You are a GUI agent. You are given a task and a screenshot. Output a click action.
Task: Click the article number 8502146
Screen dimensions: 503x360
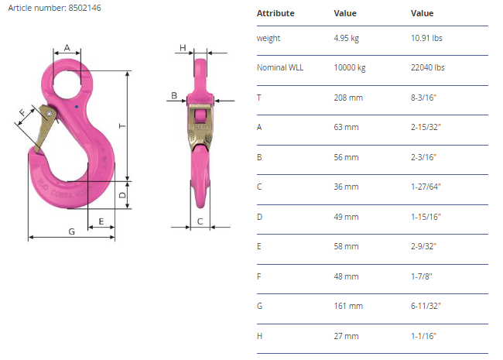pos(84,8)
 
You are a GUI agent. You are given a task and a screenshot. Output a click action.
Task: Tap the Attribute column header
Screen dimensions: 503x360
pos(275,13)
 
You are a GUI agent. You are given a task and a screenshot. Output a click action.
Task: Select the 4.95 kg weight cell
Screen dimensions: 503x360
pos(346,38)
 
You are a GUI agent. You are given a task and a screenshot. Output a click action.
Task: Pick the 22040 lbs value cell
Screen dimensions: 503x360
pos(428,67)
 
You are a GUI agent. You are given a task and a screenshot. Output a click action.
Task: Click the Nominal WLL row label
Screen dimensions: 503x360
pos(280,67)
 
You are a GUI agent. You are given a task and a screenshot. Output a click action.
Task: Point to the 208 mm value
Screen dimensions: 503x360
pos(348,98)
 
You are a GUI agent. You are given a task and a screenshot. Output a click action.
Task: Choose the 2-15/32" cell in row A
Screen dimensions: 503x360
pos(426,128)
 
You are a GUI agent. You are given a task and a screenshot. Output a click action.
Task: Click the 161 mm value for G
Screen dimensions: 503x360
pos(348,306)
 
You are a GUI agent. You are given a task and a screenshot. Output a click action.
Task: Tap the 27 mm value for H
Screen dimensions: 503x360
pos(346,336)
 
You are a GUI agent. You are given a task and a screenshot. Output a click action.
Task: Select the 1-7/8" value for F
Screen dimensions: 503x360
pos(422,276)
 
